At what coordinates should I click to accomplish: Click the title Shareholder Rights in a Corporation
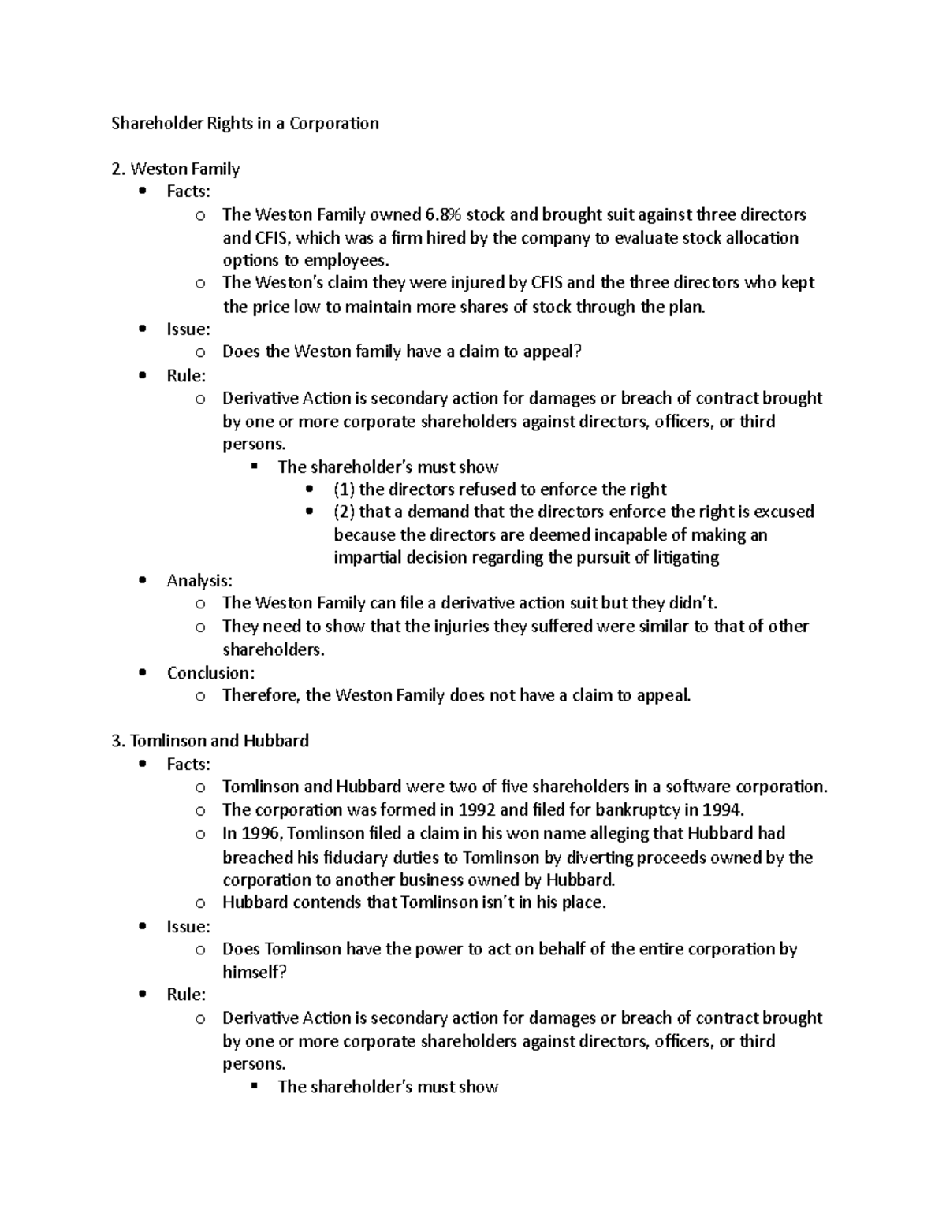pos(244,123)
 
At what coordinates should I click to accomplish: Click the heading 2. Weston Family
pos(175,169)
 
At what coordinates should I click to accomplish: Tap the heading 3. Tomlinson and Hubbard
pos(210,741)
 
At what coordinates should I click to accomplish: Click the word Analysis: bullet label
pos(199,581)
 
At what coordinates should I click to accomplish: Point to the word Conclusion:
pos(210,673)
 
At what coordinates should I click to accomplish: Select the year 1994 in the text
pos(723,809)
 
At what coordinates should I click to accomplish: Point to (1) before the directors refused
pos(344,489)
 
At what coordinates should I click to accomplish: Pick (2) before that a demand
pos(344,512)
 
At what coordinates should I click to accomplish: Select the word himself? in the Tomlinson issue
pos(255,973)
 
